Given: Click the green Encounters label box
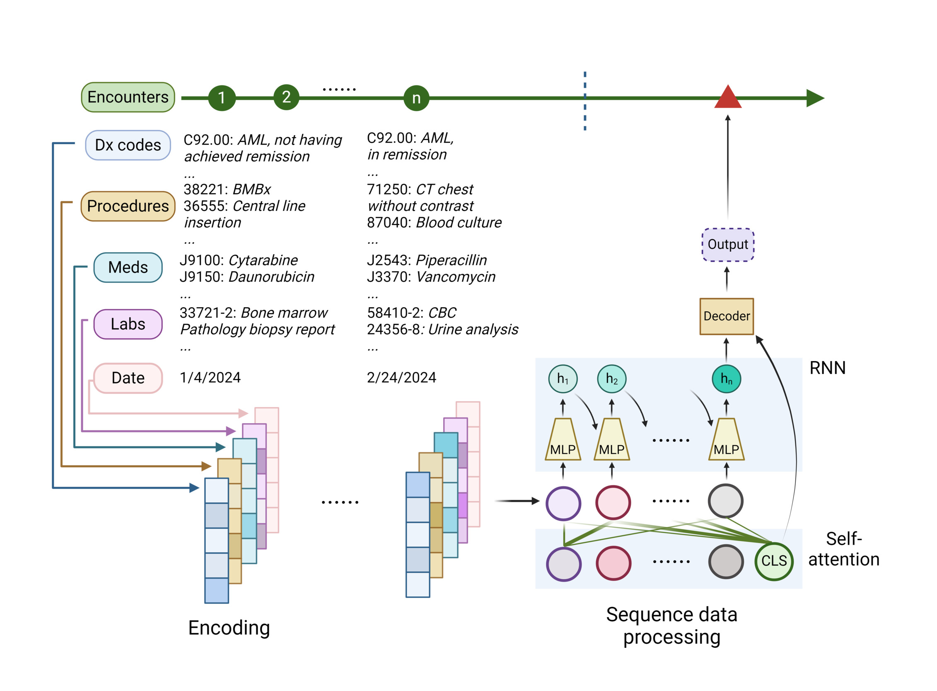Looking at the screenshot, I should coord(128,97).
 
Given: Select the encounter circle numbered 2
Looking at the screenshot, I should coord(286,97).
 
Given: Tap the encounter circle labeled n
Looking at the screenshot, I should coord(416,98).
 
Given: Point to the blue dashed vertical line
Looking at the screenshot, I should coord(584,100).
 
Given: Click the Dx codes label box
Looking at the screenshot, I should coord(128,145).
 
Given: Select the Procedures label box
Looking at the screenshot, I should coord(128,206).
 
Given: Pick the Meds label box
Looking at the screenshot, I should coord(128,267).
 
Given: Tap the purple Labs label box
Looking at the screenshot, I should coord(128,324).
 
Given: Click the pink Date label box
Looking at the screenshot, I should coord(128,378).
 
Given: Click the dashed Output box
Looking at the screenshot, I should coord(727,245).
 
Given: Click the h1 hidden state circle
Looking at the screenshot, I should coord(563,379).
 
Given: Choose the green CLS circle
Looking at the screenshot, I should coord(773,561).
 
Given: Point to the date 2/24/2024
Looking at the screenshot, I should coord(401,378).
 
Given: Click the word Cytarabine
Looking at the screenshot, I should coord(263,260).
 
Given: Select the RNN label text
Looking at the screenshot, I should coord(827,368).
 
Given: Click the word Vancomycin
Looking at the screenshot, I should coord(456,277).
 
